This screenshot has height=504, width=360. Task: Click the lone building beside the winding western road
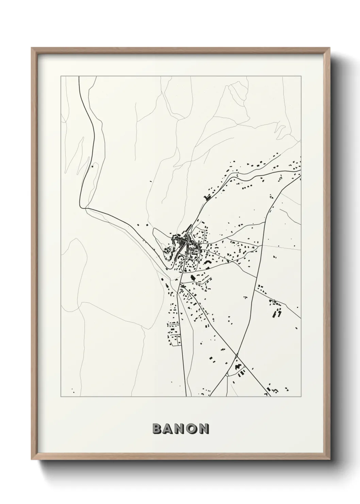click(x=92, y=167)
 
